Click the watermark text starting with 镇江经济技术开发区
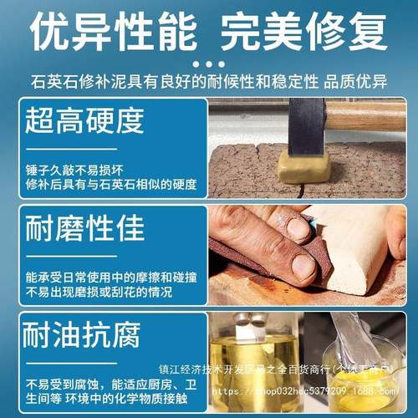pyautogui.click(x=280, y=367)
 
